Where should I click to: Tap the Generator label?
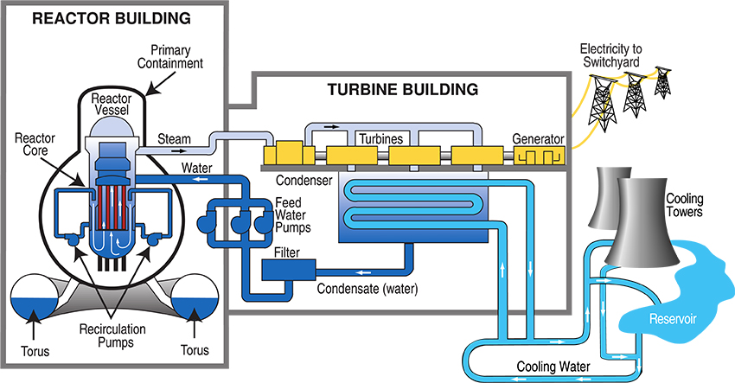pyautogui.click(x=538, y=139)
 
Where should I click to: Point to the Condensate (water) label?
pyautogui.click(x=367, y=288)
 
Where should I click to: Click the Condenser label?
pyautogui.click(x=304, y=181)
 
